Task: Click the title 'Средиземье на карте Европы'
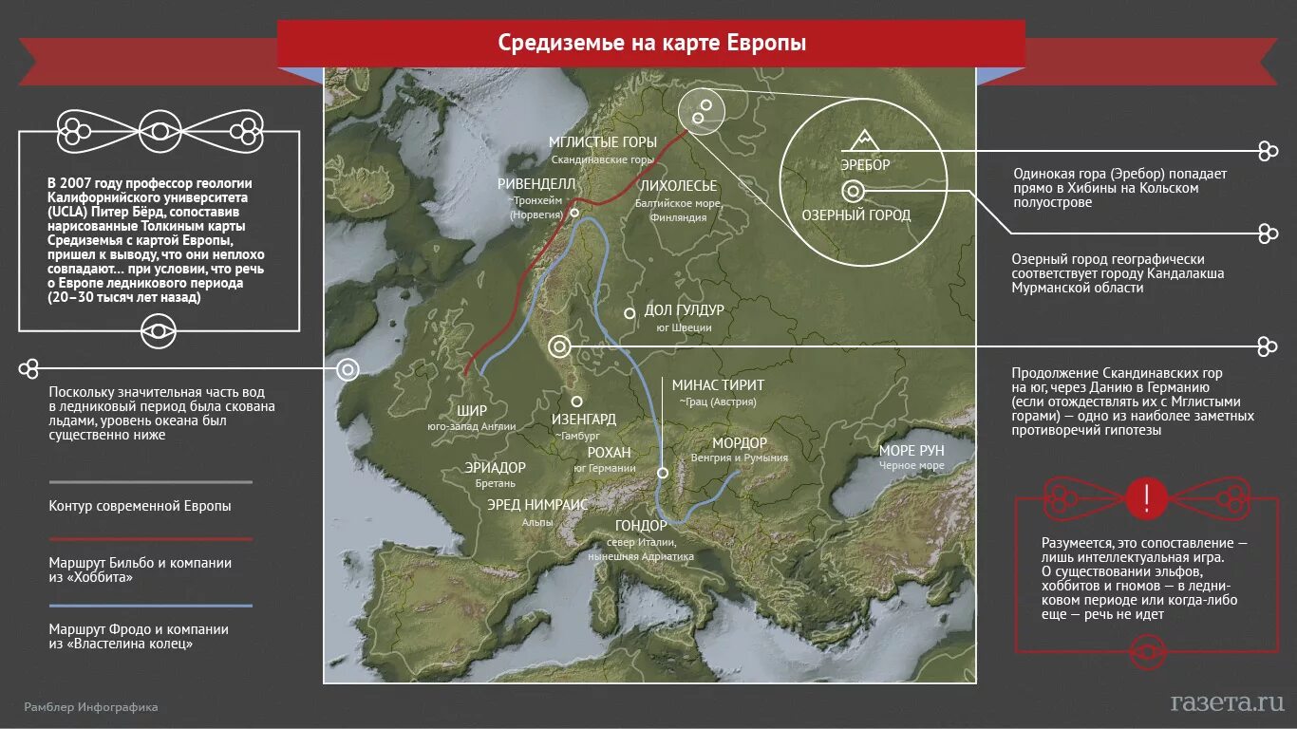pyautogui.click(x=651, y=44)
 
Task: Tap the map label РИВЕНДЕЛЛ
pyautogui.click(x=536, y=183)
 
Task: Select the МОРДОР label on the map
pyautogui.click(x=740, y=443)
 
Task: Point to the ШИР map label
pyautogui.click(x=472, y=410)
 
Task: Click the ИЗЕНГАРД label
pyautogui.click(x=584, y=419)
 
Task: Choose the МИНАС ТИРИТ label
pyautogui.click(x=718, y=385)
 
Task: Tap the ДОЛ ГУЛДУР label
pyautogui.click(x=684, y=310)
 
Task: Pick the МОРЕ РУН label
pyautogui.click(x=912, y=450)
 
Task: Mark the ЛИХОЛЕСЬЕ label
pyautogui.click(x=678, y=186)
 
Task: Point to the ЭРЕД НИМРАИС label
pyautogui.click(x=537, y=504)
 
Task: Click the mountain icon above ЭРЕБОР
pyautogui.click(x=864, y=140)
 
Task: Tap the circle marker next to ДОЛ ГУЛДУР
pyautogui.click(x=629, y=312)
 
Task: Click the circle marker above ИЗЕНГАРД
pyautogui.click(x=576, y=402)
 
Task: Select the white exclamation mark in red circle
pyautogui.click(x=1147, y=496)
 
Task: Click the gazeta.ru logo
pyautogui.click(x=1228, y=702)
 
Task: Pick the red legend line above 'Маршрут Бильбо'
pyautogui.click(x=150, y=538)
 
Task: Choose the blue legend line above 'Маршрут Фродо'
pyautogui.click(x=150, y=605)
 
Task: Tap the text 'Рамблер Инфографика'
pyautogui.click(x=91, y=707)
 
